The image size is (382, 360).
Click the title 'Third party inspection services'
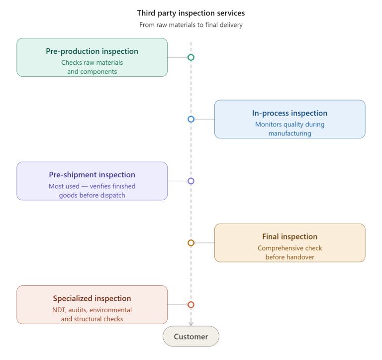point(191,13)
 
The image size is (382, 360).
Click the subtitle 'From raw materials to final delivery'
point(191,25)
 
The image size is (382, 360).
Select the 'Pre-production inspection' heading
point(92,51)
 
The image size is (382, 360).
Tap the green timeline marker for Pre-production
point(191,57)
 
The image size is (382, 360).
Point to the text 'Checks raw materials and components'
point(92,67)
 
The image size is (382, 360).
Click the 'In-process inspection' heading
point(289,113)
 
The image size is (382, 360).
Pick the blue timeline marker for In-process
point(191,120)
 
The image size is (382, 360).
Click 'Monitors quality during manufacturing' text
point(289,129)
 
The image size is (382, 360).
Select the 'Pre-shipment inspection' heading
point(92,175)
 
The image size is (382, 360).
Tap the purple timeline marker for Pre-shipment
point(191,181)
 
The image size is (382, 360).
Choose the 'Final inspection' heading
point(289,237)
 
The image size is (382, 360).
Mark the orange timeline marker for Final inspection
point(191,243)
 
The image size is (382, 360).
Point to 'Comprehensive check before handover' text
point(289,252)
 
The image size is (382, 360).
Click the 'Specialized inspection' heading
point(92,298)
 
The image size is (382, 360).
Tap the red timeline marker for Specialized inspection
point(191,305)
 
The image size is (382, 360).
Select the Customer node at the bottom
point(191,337)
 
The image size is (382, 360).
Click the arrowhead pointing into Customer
point(191,323)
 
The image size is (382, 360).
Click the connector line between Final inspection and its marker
point(204,243)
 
